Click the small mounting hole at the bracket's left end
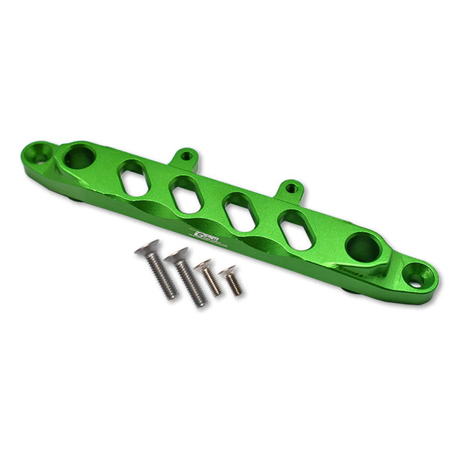click(40, 158)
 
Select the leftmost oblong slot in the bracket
click(133, 177)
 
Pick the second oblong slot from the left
click(184, 195)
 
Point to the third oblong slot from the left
click(241, 213)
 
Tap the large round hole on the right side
click(362, 247)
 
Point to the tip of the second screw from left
click(201, 302)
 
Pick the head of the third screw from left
click(203, 265)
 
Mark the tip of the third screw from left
click(219, 293)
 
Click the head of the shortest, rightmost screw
click(227, 270)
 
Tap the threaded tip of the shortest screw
click(238, 291)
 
